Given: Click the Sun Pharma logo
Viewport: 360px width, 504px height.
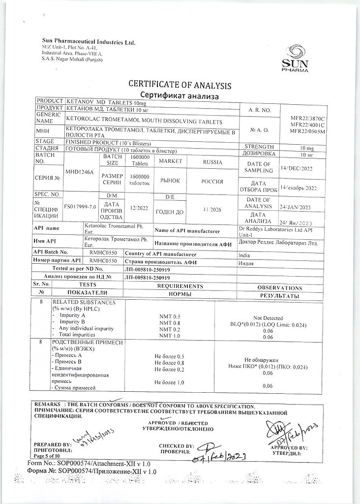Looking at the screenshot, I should click(296, 58).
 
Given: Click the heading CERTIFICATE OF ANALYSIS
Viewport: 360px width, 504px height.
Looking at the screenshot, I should click(180, 85).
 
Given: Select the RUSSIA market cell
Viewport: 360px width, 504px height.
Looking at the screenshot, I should click(212, 161).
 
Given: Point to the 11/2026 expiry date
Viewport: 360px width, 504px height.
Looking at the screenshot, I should click(212, 210).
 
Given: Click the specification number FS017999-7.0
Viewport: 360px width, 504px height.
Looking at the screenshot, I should click(80, 207).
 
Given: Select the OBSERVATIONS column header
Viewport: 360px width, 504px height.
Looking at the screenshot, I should click(279, 287).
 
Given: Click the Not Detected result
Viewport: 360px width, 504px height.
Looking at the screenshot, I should click(269, 318).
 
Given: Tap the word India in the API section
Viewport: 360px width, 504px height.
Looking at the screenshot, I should click(244, 255).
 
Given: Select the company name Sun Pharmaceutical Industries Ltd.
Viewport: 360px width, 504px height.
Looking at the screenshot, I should click(88, 42).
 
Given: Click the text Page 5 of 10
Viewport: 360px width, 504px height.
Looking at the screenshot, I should click(48, 457).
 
